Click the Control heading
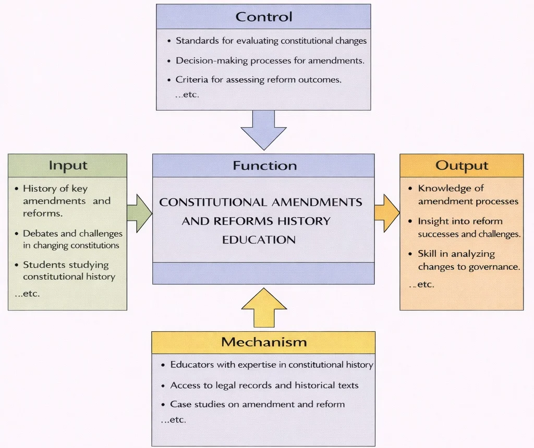[x=263, y=16]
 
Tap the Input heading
[x=67, y=166]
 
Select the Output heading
[x=462, y=166]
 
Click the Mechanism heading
[x=263, y=342]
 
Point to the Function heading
[x=264, y=166]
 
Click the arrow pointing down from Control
[x=263, y=130]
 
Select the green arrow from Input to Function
[x=139, y=213]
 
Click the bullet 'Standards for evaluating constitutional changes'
[x=271, y=41]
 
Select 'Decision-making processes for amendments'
[x=270, y=60]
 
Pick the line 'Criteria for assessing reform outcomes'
[x=258, y=80]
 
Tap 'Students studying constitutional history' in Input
[x=68, y=271]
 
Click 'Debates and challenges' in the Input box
[x=72, y=234]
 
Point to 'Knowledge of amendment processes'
[x=467, y=195]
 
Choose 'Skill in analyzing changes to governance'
[x=468, y=260]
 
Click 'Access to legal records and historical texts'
[x=264, y=385]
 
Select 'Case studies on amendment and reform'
[x=257, y=404]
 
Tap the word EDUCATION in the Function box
[x=259, y=240]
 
